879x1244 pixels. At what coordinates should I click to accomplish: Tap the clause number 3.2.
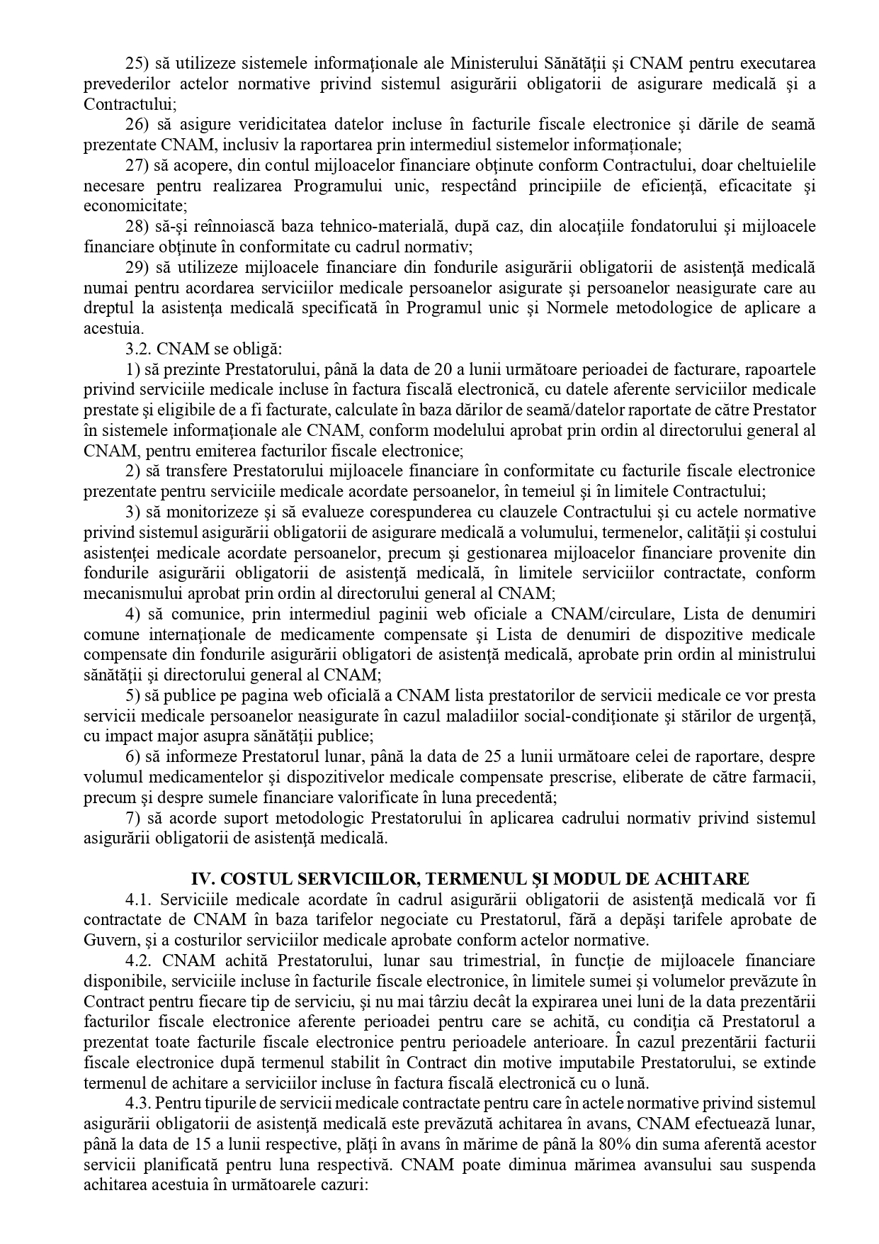(x=137, y=349)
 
